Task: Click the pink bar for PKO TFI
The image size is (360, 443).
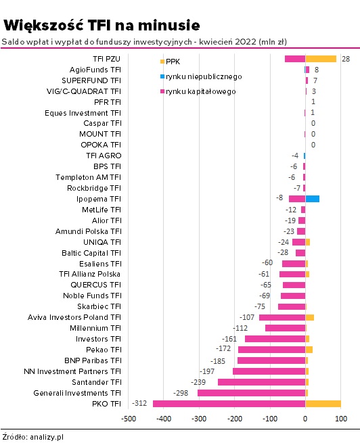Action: click(x=229, y=404)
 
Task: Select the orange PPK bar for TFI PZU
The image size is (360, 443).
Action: click(x=321, y=59)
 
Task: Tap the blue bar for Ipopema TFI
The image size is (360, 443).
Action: click(x=312, y=199)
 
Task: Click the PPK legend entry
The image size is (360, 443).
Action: click(x=170, y=62)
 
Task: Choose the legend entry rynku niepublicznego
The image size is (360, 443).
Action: click(x=201, y=76)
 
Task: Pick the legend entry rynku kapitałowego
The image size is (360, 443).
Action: click(x=198, y=91)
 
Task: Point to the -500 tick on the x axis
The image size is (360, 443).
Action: click(x=129, y=419)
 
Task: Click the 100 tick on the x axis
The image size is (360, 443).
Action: click(x=341, y=419)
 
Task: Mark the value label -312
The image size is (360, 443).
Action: click(x=139, y=403)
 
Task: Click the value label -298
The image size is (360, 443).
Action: click(x=181, y=393)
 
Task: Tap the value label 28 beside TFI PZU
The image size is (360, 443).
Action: click(x=346, y=59)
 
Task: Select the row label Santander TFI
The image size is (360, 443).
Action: click(x=96, y=382)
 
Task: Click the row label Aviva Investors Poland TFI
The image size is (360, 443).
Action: click(x=74, y=317)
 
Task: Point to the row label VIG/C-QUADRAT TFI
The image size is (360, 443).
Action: click(x=84, y=91)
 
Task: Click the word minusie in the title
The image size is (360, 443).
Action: click(x=169, y=25)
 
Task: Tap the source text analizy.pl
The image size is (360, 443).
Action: click(x=47, y=437)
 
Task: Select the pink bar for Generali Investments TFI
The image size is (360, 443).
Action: click(x=252, y=393)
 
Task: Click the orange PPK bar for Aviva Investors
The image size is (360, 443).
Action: click(x=310, y=317)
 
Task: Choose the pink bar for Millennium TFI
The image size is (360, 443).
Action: click(x=286, y=328)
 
